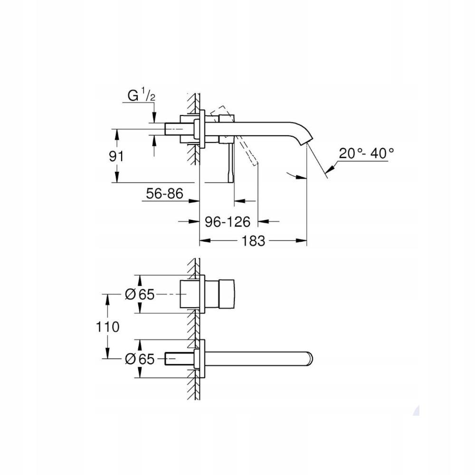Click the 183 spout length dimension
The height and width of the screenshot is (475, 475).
(x=253, y=241)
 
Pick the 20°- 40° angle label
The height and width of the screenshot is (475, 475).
(x=366, y=153)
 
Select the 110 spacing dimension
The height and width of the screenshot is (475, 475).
(x=107, y=327)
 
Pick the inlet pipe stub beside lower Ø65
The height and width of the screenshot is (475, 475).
(x=178, y=359)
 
